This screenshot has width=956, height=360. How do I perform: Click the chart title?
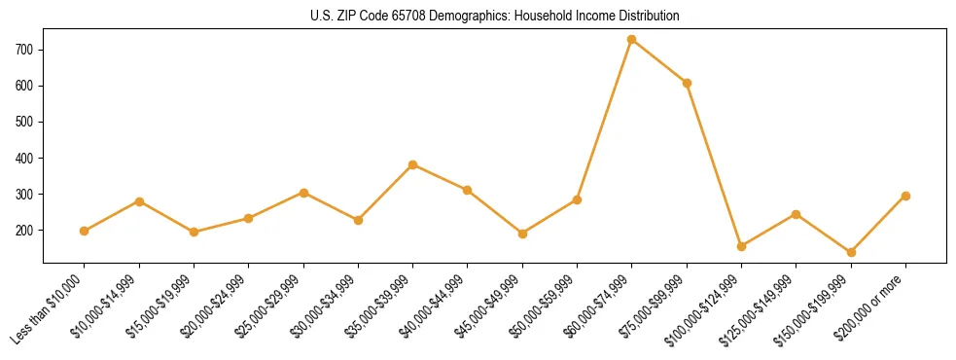coord(494,17)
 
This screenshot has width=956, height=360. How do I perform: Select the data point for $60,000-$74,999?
coord(632,40)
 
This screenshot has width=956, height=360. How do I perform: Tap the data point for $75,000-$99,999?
coord(687,83)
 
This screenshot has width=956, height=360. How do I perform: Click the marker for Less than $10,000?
coord(85,231)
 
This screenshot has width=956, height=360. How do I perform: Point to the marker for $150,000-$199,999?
coord(851,252)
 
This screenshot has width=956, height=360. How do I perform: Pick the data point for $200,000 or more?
coord(905,196)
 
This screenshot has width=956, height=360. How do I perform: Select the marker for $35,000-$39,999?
coord(413,164)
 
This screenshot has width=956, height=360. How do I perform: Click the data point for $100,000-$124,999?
coord(741,246)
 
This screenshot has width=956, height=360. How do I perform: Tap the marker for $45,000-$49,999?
coord(522,234)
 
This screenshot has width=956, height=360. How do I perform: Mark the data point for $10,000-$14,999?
coord(139,201)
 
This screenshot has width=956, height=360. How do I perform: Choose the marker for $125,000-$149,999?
coord(797,214)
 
